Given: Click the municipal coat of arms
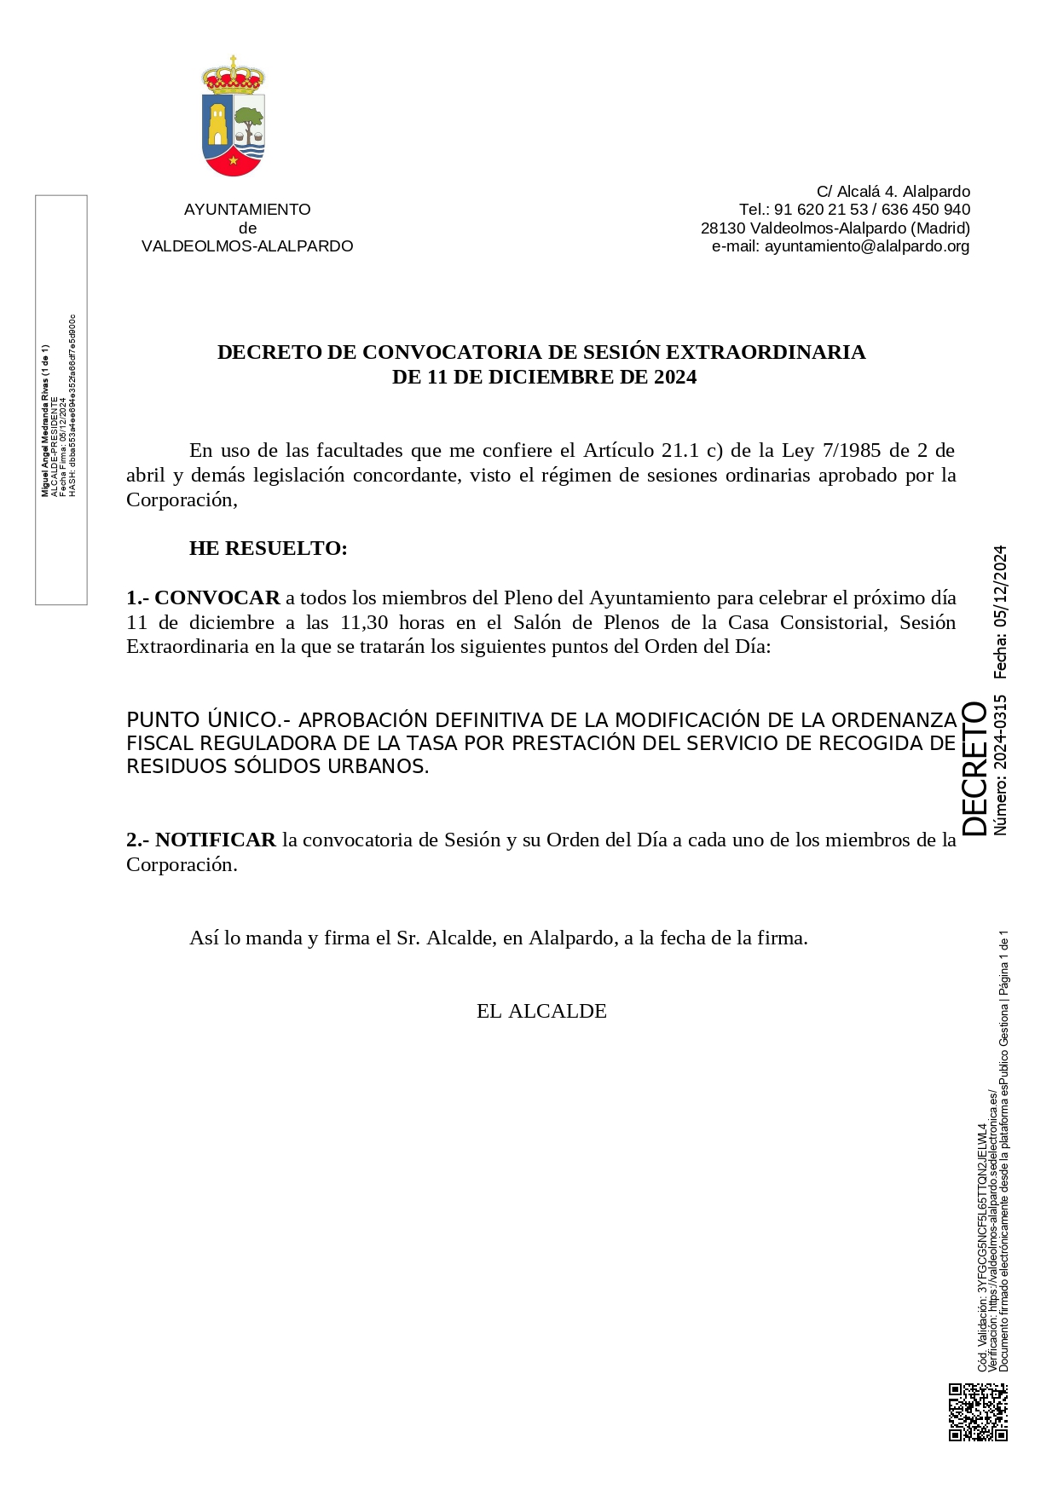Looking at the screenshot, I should coord(234,117).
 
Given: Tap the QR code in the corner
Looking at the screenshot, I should coord(978,1411).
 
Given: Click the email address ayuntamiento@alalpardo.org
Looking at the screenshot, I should coord(866,246).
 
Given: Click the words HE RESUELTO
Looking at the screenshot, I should coord(268,548).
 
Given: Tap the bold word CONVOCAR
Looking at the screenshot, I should coord(217,597).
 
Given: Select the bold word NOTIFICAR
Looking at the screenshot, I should coord(215,840).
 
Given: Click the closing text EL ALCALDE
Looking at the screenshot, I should coord(541,1011).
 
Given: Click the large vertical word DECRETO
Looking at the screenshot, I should coord(974,768).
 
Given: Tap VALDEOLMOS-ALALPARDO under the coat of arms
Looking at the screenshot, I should coord(247,246).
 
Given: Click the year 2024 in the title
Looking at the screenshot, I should coord(675,377).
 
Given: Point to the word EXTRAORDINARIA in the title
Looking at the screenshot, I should coord(765,352).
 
